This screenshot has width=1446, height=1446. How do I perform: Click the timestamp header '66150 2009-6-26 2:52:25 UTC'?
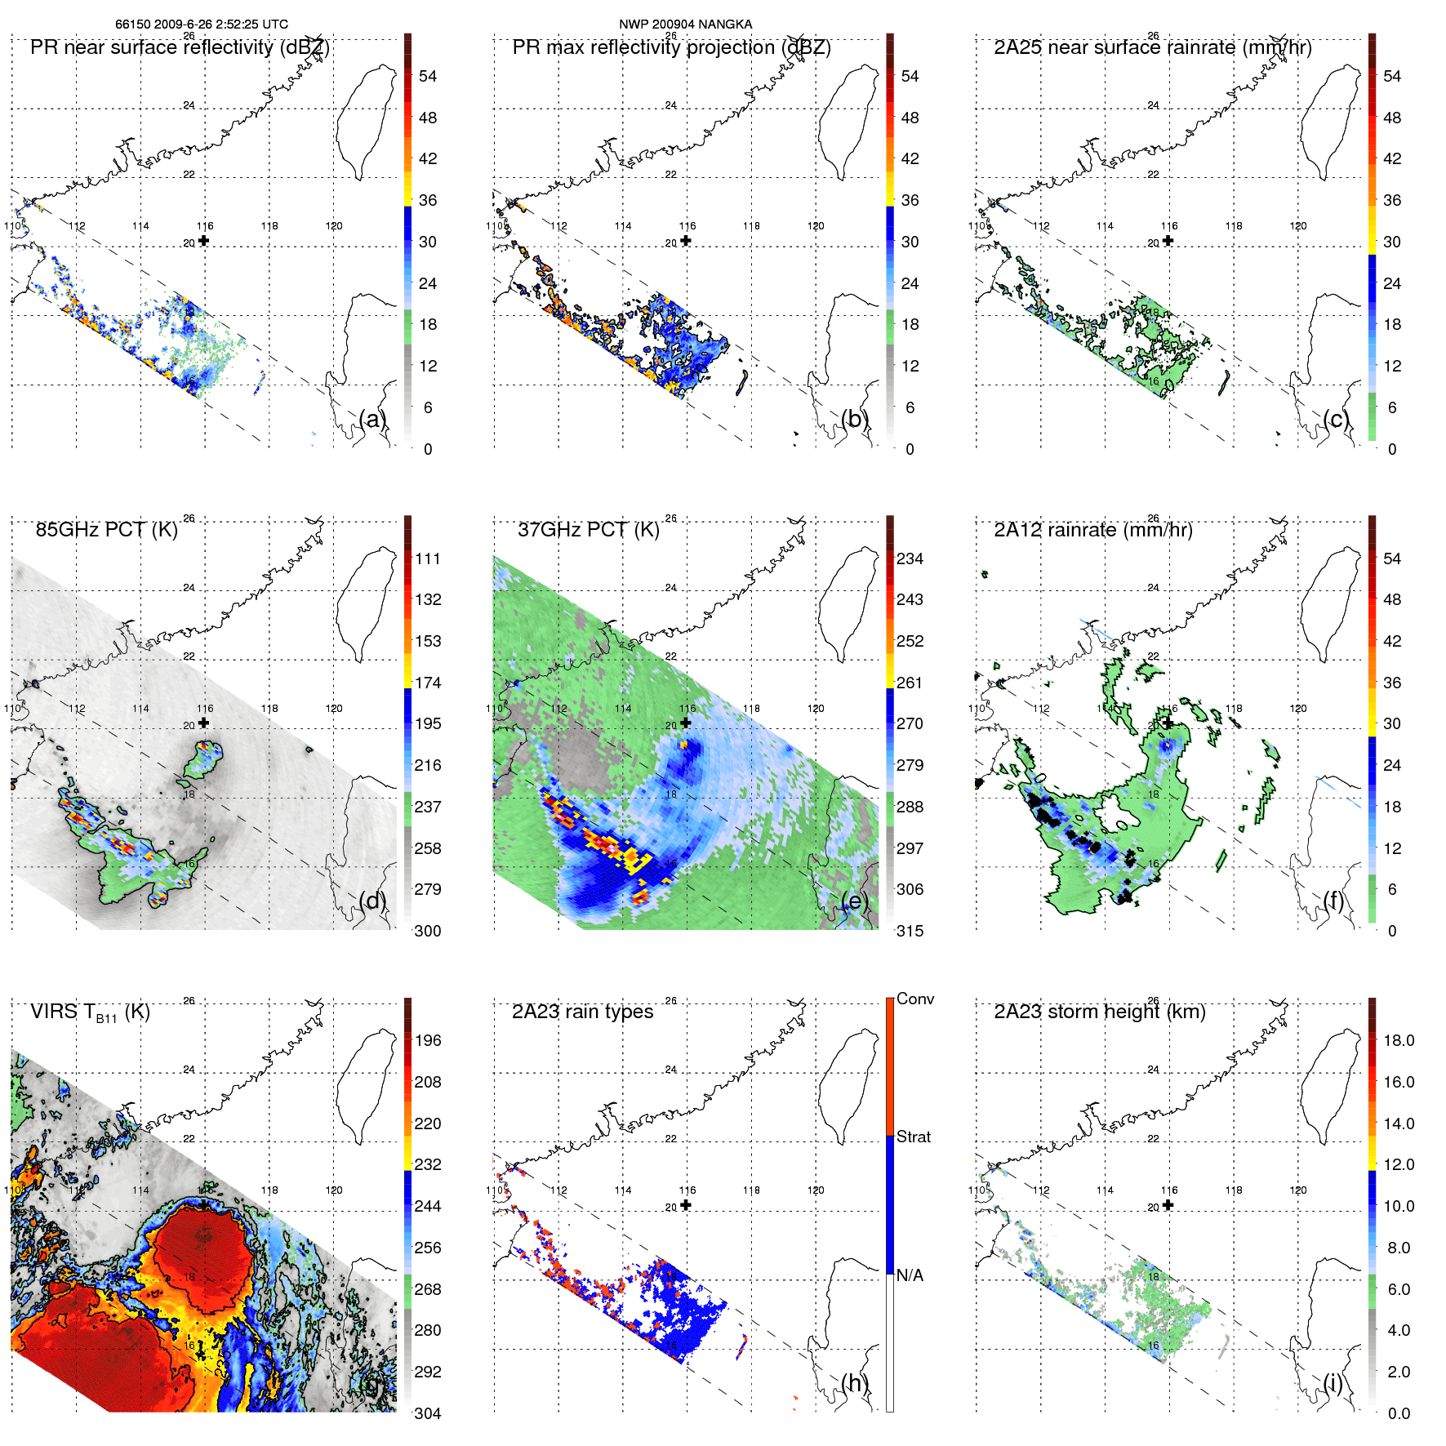click(x=201, y=24)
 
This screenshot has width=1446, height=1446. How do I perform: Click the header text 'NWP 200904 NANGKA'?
click(x=685, y=24)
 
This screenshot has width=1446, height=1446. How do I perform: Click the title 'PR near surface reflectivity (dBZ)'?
click(x=180, y=47)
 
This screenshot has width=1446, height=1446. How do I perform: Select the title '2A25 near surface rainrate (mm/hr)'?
click(x=1152, y=47)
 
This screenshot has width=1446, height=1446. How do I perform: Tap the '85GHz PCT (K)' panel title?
click(x=106, y=530)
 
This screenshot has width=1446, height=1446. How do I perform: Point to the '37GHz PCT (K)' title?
click(x=588, y=530)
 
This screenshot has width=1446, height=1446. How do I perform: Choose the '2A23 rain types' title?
click(x=582, y=1012)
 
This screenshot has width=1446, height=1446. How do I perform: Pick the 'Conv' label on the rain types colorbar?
click(x=914, y=999)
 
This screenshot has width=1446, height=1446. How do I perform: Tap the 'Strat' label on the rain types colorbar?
click(x=913, y=1137)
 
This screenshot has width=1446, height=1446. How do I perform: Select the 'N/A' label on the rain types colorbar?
click(x=910, y=1275)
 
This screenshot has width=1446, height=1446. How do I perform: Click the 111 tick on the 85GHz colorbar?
click(x=427, y=558)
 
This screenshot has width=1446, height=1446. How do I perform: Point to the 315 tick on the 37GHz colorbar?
click(x=910, y=931)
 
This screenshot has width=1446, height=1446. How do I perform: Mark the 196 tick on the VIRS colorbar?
click(x=427, y=1040)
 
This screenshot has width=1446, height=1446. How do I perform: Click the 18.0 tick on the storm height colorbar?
click(x=1398, y=1040)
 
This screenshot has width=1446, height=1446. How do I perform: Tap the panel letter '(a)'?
click(x=372, y=419)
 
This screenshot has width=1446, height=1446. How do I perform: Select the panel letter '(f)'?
click(x=1335, y=901)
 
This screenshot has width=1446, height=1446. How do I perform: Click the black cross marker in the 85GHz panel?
click(x=203, y=723)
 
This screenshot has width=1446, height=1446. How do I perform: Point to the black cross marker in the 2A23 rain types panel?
click(x=686, y=1205)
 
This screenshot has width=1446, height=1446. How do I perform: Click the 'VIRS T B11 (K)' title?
click(x=90, y=1012)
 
